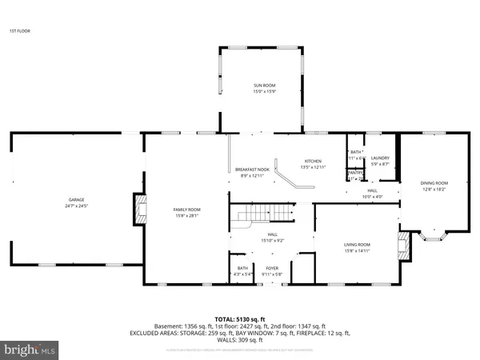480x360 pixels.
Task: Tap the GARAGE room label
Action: pyautogui.click(x=76, y=200)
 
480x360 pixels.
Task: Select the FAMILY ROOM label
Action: pyautogui.click(x=186, y=210)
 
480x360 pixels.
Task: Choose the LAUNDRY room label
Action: pyautogui.click(x=380, y=158)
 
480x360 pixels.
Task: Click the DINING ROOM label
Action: pyautogui.click(x=434, y=183)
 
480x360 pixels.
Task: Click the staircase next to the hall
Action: pyautogui.click(x=260, y=214)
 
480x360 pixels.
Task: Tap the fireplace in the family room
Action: pyautogui.click(x=141, y=210)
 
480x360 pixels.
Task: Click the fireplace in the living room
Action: pyautogui.click(x=406, y=248)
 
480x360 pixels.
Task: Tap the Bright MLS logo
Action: pyautogui.click(x=31, y=350)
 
